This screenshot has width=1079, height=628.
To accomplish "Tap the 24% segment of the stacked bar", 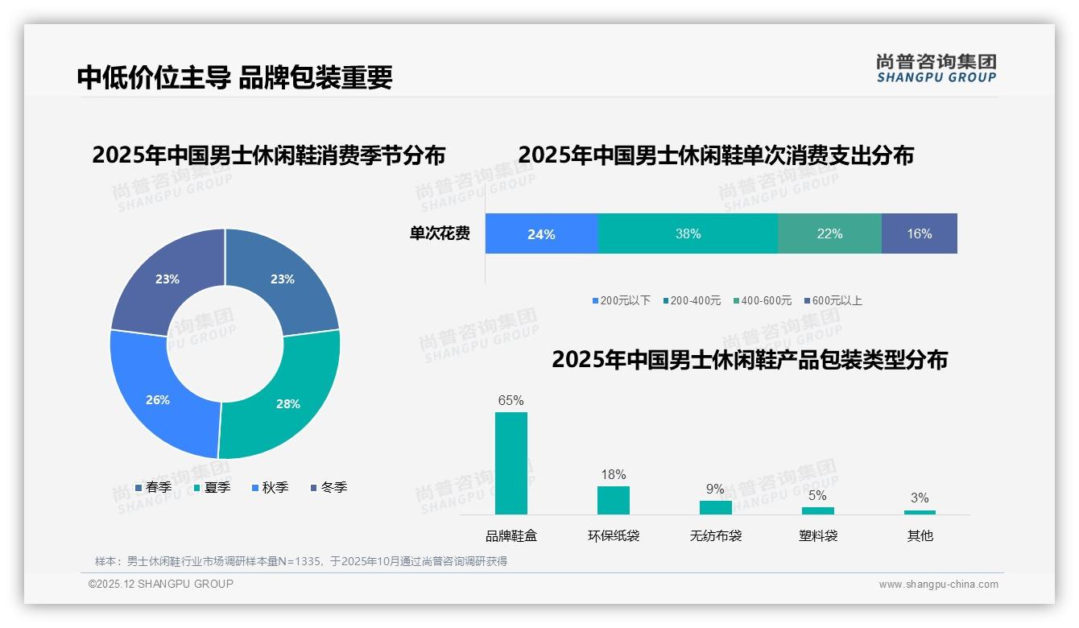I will tap(541, 234).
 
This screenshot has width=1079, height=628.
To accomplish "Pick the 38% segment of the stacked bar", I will tap(688, 234).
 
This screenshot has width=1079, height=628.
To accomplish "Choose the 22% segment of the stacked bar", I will tap(829, 234).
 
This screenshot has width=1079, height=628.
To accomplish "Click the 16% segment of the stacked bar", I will tap(919, 234).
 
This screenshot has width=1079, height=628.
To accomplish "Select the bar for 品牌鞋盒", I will tap(511, 463).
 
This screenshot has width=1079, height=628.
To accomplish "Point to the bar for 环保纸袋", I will tap(613, 500).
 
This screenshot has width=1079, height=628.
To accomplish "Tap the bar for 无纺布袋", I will tap(715, 507).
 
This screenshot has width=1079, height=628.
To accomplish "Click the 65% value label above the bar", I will tap(511, 400).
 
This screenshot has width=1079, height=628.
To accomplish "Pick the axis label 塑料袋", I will tap(818, 535).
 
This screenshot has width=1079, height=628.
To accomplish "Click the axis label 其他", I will tap(920, 535).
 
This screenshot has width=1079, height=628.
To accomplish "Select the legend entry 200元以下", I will tap(622, 301).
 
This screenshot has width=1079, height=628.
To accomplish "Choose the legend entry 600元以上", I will tap(833, 301).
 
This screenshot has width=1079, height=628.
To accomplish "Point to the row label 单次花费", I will tap(440, 234).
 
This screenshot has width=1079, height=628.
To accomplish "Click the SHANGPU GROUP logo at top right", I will tap(936, 68).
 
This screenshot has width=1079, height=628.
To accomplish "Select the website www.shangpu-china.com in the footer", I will tap(938, 585).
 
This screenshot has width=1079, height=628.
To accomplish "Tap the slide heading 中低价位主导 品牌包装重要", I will tap(234, 77).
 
